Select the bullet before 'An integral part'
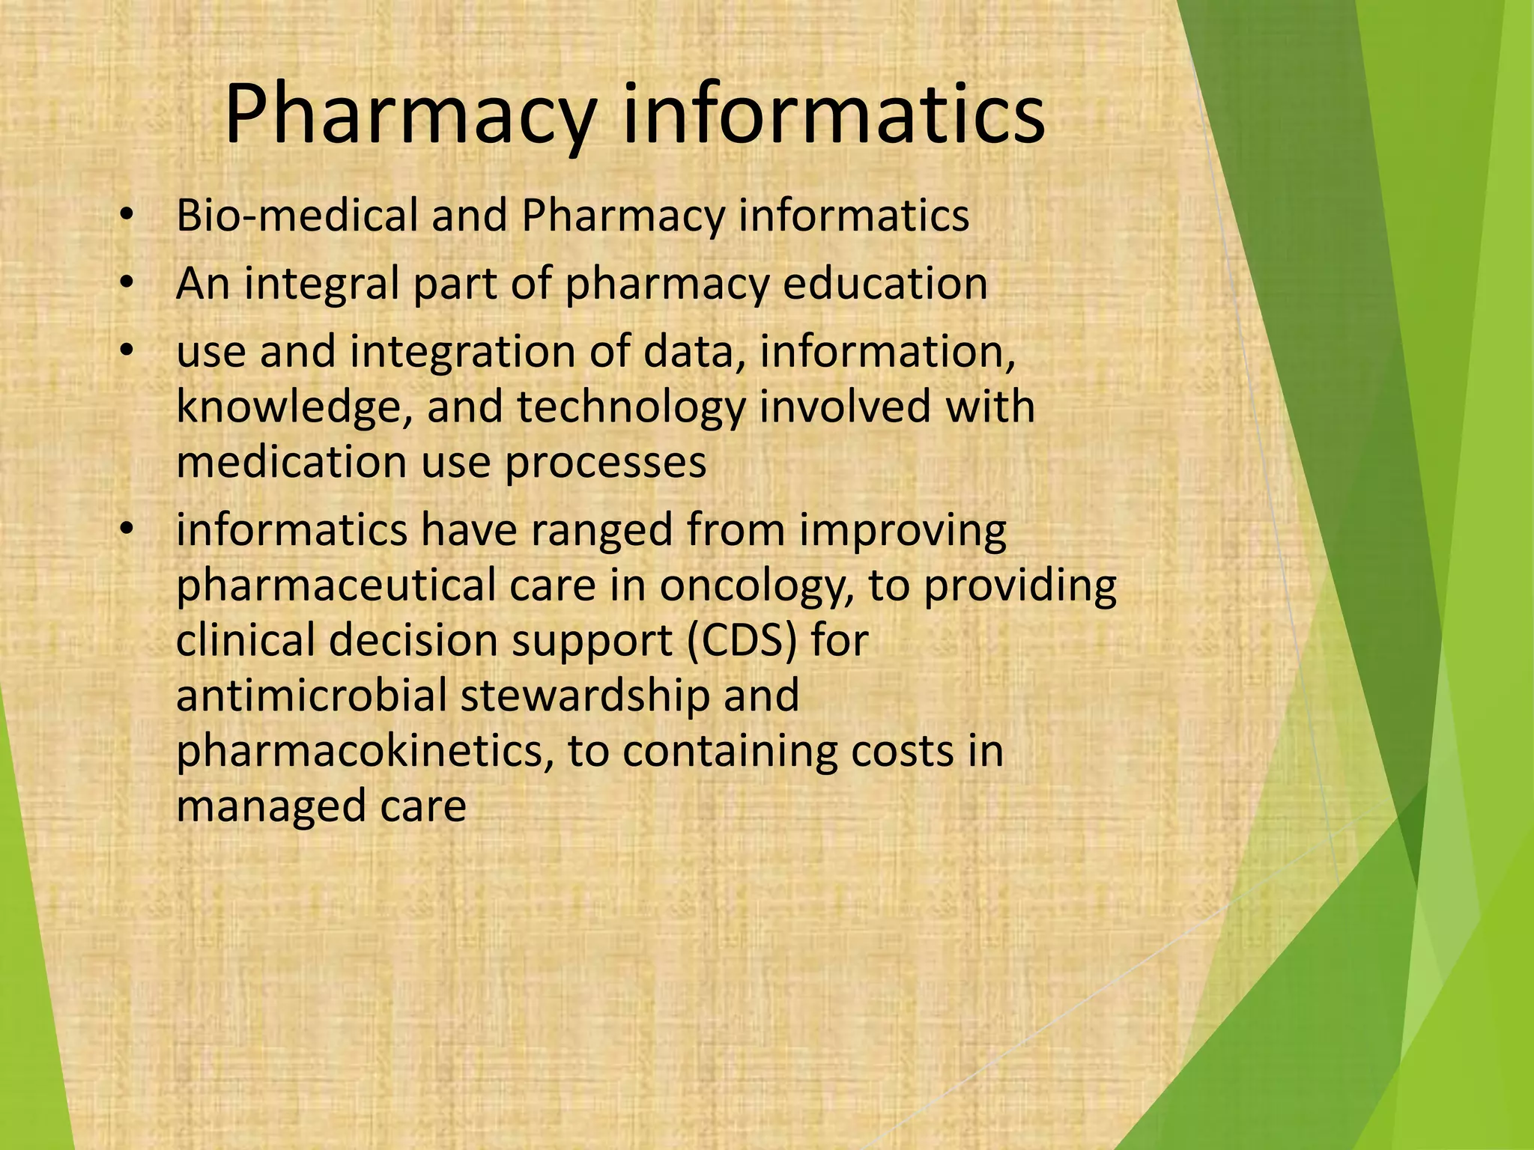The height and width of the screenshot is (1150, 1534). pos(127,284)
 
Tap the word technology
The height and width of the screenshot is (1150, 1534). pos(631,407)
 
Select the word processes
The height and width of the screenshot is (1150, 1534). pos(605,462)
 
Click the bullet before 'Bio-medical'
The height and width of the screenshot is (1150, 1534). pos(127,216)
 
